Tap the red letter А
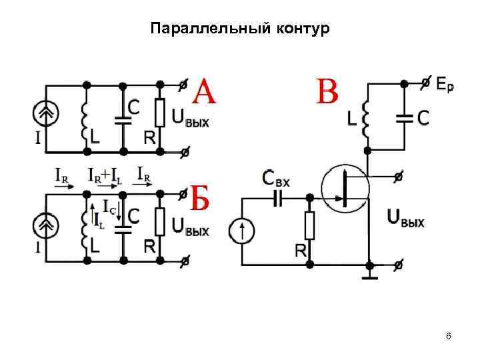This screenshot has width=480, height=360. click(205, 91)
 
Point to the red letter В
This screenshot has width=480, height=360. click(327, 92)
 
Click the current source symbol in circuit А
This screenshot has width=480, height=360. click(45, 115)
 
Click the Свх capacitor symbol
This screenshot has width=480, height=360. click(278, 197)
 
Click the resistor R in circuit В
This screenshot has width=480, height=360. click(309, 225)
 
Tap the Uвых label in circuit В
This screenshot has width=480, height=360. click(405, 218)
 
